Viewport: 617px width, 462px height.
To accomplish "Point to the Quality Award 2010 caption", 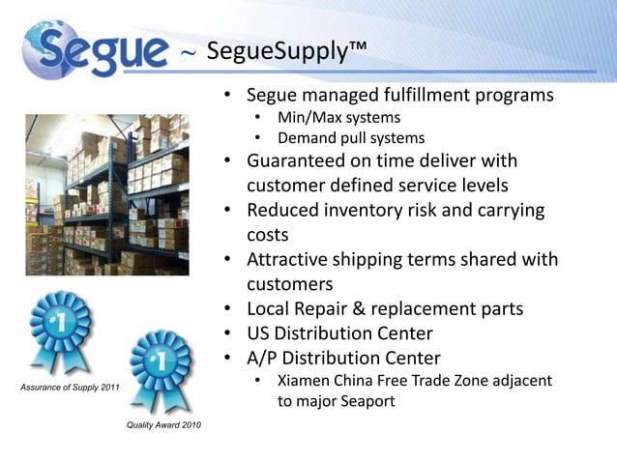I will [x=163, y=426].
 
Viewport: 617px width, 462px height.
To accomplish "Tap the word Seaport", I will [x=364, y=400].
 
